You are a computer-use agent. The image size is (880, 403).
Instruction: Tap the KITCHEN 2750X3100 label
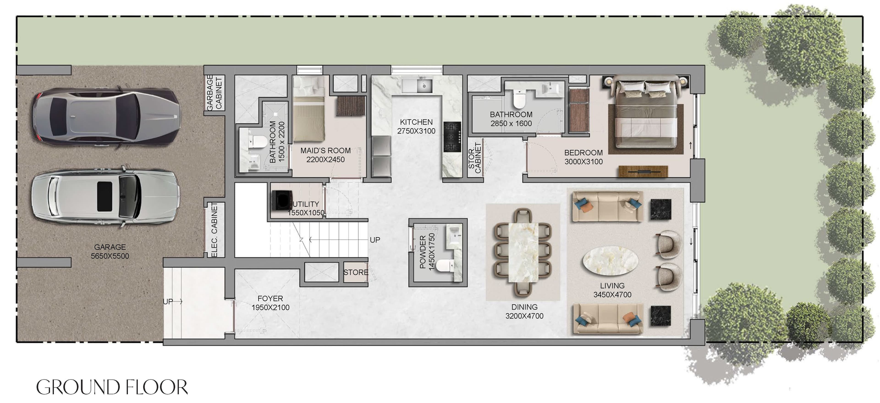tap(416, 126)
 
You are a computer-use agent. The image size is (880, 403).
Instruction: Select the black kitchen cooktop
tap(452, 137)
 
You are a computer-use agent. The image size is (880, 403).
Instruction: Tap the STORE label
tap(356, 272)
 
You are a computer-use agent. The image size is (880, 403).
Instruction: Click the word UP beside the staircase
tap(375, 240)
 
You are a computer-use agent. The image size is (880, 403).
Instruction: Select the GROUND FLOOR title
tap(112, 387)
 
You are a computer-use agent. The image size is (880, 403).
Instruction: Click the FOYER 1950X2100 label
tap(270, 303)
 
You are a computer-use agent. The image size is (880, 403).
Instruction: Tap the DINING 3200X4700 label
tap(524, 311)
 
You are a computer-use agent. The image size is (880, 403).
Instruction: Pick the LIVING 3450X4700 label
tap(612, 290)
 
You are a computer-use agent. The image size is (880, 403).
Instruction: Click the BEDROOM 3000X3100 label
tap(583, 157)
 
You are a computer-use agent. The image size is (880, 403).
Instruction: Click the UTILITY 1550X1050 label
tap(306, 208)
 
